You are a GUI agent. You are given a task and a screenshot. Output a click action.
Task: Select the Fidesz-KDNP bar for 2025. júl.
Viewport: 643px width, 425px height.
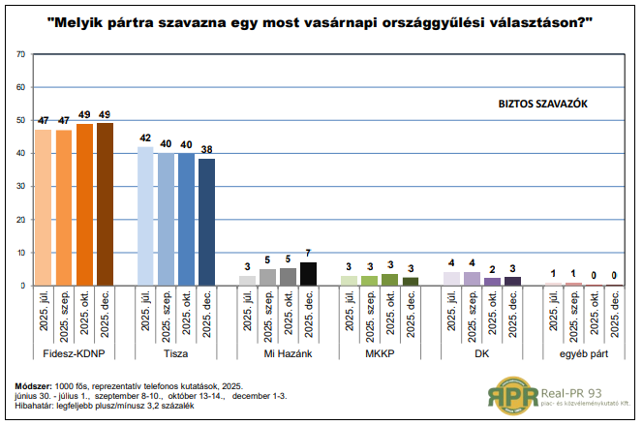coord(43,207)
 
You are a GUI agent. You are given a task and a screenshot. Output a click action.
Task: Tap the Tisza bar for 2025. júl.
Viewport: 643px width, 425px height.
coord(145,216)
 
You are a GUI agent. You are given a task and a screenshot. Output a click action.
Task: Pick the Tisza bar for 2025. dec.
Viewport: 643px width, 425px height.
coord(207,222)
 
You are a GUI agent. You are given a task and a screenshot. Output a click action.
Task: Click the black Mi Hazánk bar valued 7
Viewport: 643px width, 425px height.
coord(309,273)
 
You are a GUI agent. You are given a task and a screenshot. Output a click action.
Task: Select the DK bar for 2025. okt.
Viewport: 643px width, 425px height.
coord(492,281)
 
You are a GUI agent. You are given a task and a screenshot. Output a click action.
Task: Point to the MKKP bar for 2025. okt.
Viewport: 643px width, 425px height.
coord(390,279)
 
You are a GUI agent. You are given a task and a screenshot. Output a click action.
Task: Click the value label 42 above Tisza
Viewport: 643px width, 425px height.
coord(145,137)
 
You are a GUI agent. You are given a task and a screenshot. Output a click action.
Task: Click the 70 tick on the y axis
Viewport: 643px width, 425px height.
coord(21,54)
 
